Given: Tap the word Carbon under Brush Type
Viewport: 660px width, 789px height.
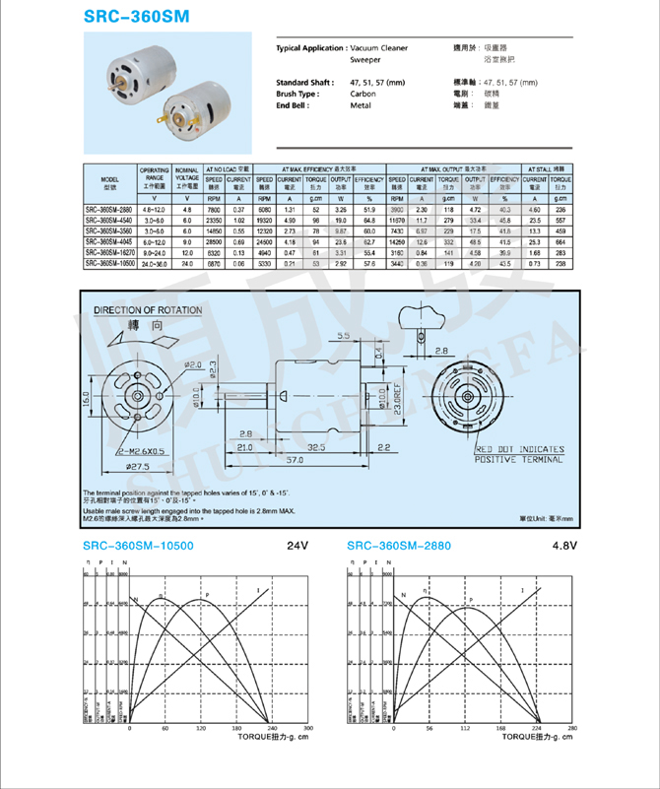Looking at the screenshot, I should pyautogui.click(x=363, y=93).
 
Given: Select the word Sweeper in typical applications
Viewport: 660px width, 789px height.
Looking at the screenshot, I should pyautogui.click(x=365, y=60).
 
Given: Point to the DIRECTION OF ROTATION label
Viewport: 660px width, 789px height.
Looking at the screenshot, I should pyautogui.click(x=148, y=311).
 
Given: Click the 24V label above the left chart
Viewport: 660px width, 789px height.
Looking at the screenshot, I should pyautogui.click(x=297, y=546).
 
